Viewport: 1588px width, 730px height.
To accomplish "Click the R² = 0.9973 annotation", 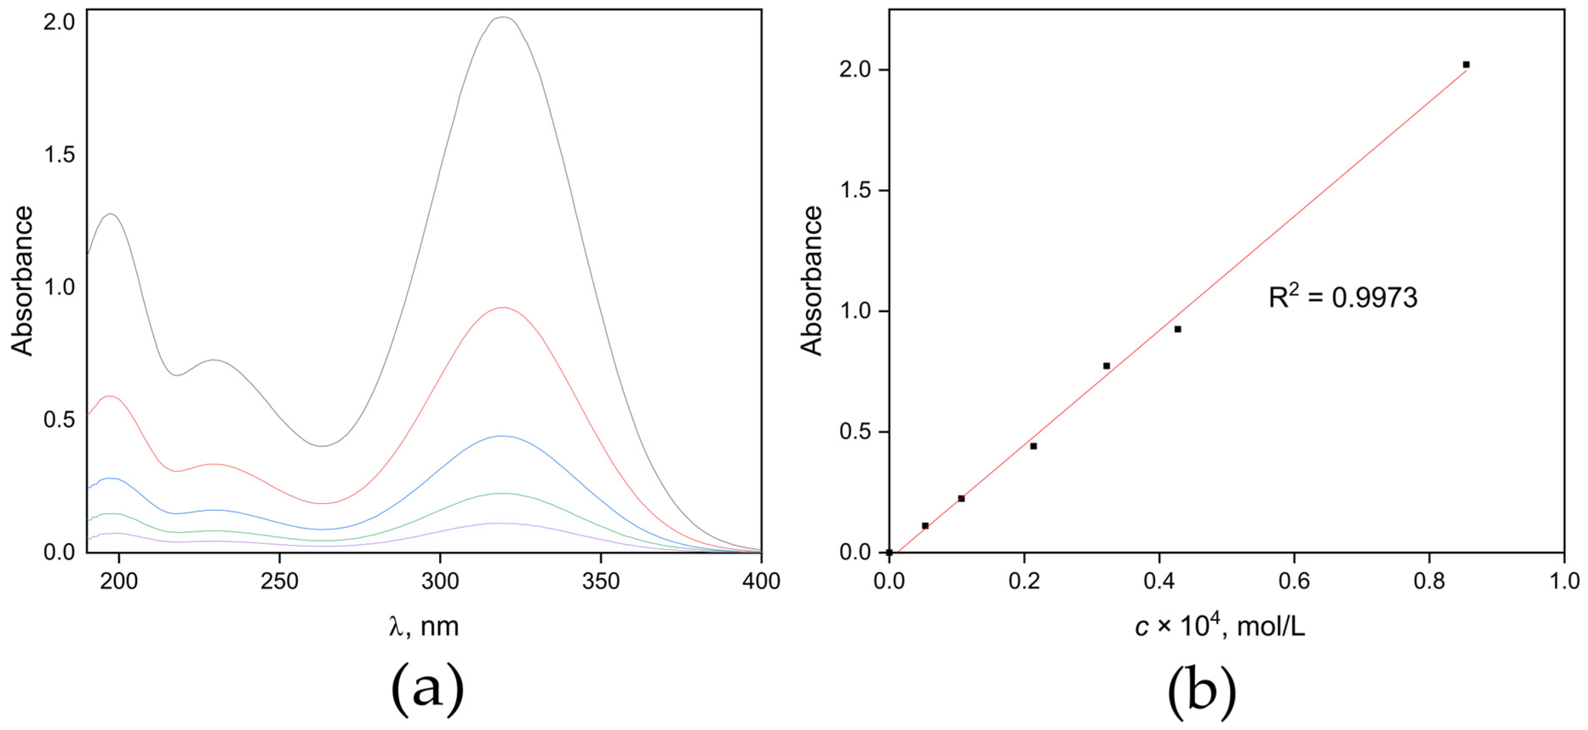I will (x=1342, y=298).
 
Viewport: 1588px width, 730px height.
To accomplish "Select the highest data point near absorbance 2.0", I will (x=1466, y=65).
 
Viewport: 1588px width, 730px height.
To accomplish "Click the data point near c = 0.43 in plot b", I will (x=1177, y=329).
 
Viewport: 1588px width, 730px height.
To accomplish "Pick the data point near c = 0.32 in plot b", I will (x=1107, y=366).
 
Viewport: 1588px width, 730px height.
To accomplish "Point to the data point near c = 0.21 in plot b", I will (x=1033, y=446).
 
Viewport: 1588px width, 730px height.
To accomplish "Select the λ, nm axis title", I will (x=424, y=627).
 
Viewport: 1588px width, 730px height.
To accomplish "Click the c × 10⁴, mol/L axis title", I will (x=1220, y=627).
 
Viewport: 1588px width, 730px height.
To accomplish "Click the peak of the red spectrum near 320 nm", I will (x=503, y=307).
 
